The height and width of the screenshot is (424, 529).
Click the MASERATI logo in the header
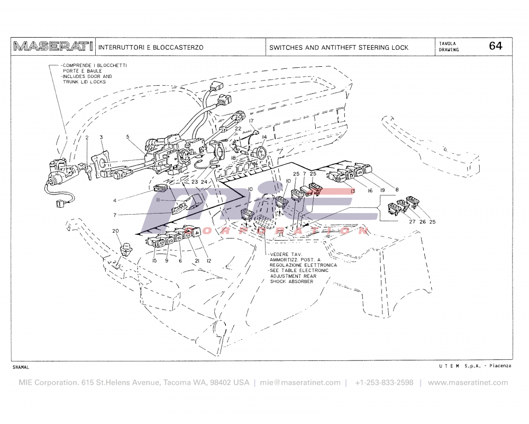[x=53, y=47]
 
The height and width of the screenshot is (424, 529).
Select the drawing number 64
[x=495, y=46]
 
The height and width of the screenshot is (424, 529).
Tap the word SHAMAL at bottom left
[x=21, y=367]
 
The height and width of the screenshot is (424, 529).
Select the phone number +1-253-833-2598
[x=384, y=383]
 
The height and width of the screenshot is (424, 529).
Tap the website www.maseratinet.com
[x=468, y=383]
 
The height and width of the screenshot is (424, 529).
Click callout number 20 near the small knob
[x=116, y=231]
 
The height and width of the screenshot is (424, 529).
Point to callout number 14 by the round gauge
[x=263, y=137]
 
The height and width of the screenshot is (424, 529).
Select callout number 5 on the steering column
[x=127, y=137]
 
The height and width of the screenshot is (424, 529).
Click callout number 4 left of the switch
[x=114, y=200]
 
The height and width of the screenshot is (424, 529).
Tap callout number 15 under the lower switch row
[x=154, y=261]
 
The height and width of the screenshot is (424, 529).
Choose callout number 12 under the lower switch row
[x=208, y=261]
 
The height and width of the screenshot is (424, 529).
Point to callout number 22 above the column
[x=238, y=128]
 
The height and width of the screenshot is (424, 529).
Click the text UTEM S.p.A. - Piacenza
[x=475, y=366]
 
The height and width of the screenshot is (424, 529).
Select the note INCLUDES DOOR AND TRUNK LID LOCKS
[x=87, y=79]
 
